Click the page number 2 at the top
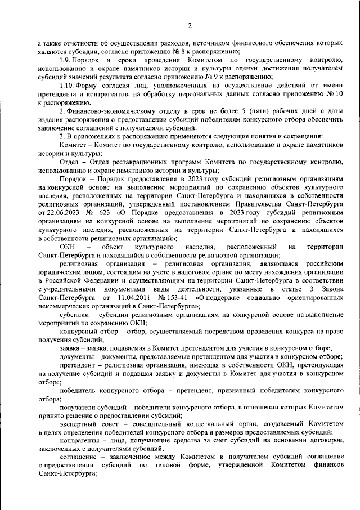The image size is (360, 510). coord(190,25)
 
